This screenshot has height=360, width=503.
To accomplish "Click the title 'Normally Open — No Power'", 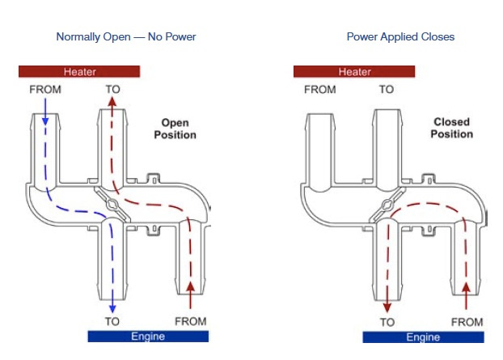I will coord(125,37).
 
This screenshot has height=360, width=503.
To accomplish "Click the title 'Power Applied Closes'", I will coord(400,37).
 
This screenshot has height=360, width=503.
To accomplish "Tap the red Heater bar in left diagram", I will coord(79,71).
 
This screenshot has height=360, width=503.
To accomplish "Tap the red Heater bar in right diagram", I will coord(354,71).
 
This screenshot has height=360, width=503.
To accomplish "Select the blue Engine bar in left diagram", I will coord(148,337).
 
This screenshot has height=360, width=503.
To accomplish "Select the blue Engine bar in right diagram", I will coord(422,337).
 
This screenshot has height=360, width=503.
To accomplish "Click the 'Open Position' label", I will coord(175,129).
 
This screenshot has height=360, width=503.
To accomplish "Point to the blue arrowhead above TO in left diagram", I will coord(113,307).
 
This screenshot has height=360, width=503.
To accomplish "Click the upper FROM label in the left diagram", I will coord(45,89).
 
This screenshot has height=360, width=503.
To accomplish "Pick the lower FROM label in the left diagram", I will coord(191,321).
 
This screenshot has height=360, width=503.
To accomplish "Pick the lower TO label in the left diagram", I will coord(112,321).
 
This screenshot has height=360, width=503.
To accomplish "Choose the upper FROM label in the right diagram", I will coord(320,89).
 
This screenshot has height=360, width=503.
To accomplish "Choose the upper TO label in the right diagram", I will coord(387,89).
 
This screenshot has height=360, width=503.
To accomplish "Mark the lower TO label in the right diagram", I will coord(387,321).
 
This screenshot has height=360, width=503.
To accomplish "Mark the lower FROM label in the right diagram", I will coord(467,321).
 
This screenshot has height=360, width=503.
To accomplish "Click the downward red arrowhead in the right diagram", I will coord(388,307).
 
